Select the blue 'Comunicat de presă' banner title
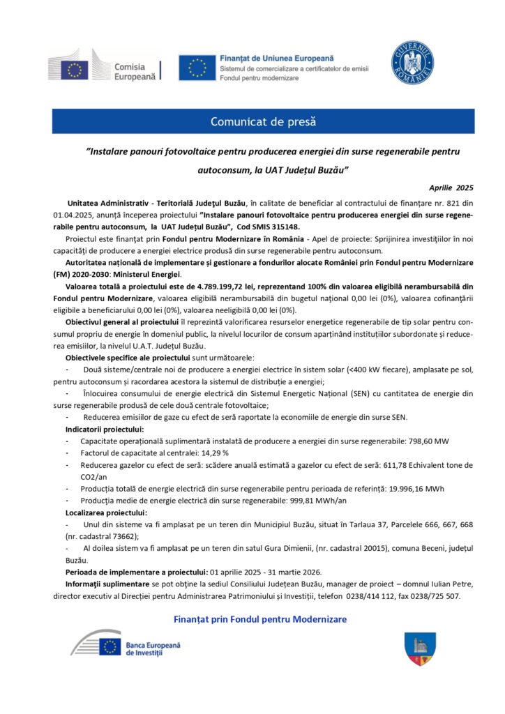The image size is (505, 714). pos(264,122)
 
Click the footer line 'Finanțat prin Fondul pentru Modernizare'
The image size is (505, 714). pos(259,619)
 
